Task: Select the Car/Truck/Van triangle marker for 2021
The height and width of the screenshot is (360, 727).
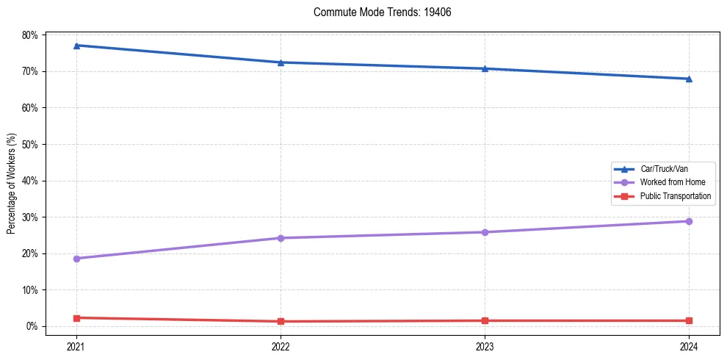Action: (76, 46)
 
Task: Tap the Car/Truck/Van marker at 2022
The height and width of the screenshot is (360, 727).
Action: (281, 62)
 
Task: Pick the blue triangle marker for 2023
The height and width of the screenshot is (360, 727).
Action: (485, 68)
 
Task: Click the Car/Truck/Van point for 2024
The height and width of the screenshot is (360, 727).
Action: (689, 79)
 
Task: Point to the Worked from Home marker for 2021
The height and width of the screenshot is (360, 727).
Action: (76, 259)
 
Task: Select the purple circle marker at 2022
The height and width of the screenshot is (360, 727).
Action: (281, 238)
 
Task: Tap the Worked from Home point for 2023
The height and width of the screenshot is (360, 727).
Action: (485, 232)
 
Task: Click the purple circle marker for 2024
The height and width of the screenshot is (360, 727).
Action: (689, 221)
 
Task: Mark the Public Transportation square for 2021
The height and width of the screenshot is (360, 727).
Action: (76, 318)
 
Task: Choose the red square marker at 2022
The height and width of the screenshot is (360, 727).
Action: (281, 321)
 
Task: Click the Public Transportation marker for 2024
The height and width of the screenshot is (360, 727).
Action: (689, 320)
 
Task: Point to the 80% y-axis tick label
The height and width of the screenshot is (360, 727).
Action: (30, 35)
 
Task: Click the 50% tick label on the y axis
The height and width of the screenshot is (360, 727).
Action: (30, 144)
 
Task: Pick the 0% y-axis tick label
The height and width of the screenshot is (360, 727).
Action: (32, 326)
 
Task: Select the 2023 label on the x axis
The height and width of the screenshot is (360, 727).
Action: (485, 345)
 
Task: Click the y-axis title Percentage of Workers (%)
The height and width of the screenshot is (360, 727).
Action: (12, 184)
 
